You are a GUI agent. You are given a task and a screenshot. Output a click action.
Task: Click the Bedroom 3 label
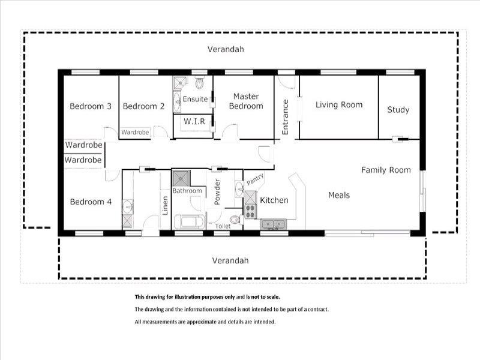coord(91,106)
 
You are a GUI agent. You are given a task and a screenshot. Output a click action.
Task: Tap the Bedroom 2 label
coord(143,106)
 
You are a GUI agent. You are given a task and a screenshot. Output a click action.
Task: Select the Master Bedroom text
coord(246,101)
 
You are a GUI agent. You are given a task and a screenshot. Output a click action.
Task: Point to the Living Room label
coord(339,104)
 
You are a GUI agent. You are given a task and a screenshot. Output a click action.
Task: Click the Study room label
coord(398,110)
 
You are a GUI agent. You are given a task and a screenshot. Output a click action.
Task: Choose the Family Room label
coord(386,170)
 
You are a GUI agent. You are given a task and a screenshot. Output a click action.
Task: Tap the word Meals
coord(339,195)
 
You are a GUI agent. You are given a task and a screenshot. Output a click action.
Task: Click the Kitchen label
coord(274,200)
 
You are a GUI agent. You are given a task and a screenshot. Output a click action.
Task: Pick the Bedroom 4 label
coord(91,202)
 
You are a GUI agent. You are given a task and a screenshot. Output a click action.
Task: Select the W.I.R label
coord(194,121)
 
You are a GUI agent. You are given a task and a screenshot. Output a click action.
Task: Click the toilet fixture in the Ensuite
coord(200,83)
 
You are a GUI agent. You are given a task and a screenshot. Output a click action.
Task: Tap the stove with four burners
coord(250,211)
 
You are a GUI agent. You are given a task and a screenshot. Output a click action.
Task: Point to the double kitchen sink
coord(274,224)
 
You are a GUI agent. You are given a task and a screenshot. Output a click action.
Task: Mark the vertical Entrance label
coord(285,117)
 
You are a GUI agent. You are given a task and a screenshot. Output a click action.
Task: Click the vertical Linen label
coord(165,205)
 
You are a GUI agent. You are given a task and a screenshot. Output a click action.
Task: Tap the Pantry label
coord(255,179)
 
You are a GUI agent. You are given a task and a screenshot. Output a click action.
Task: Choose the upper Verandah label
coord(226,49)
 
